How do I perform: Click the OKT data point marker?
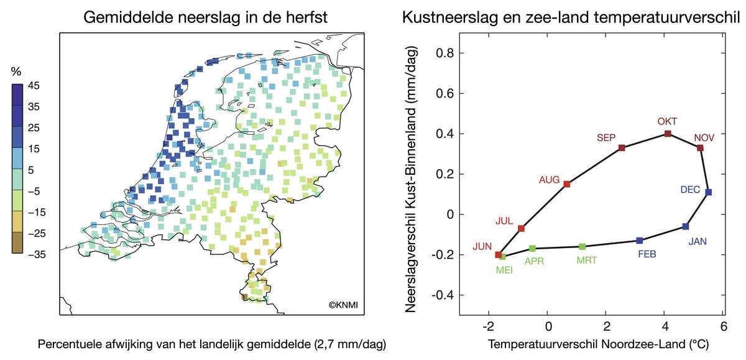668,134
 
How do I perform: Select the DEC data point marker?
709,192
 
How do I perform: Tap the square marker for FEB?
640,241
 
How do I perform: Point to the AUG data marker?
566,184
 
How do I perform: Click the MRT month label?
586,261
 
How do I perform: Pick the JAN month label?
699,241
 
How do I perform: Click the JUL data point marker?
522,229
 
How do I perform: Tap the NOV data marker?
700,148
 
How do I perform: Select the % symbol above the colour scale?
17,72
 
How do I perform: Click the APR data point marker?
532,249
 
